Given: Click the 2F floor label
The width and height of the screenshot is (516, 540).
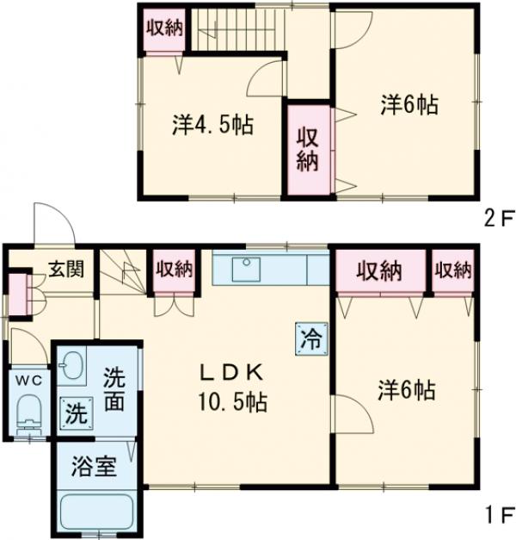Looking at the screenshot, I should coord(495,219).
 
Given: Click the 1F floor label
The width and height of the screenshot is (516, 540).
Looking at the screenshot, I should coord(495,518).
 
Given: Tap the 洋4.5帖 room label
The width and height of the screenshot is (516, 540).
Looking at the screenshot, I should coord(212,126).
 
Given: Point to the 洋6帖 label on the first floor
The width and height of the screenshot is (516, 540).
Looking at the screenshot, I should coord(405,389).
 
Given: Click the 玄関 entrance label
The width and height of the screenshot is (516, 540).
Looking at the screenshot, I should coord(65,270).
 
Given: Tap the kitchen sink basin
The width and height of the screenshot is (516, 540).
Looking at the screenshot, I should coord(248,270).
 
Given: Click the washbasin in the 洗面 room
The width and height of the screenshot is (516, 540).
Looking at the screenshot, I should coord(71,367).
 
